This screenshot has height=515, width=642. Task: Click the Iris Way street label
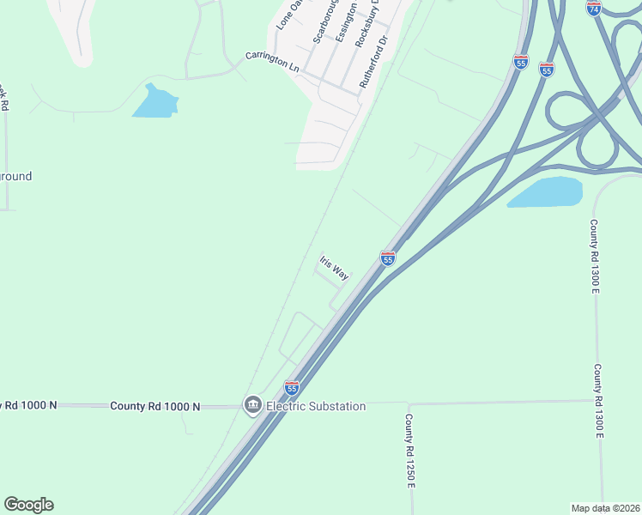point(334,268)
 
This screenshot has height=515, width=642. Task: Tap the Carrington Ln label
point(272,62)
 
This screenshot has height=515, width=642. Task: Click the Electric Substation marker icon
point(252,405)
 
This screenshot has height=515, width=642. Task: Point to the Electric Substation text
point(316,406)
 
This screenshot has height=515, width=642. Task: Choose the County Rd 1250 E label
point(410,451)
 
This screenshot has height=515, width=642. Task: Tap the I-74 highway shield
point(594,7)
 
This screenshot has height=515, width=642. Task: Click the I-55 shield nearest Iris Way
point(388,257)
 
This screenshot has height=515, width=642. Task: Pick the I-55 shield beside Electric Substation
point(292,388)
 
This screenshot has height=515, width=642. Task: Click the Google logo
point(28,505)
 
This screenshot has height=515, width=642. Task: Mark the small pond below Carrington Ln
point(154,102)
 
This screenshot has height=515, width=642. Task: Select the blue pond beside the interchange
point(546,192)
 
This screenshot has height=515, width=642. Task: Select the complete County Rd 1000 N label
point(154,406)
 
